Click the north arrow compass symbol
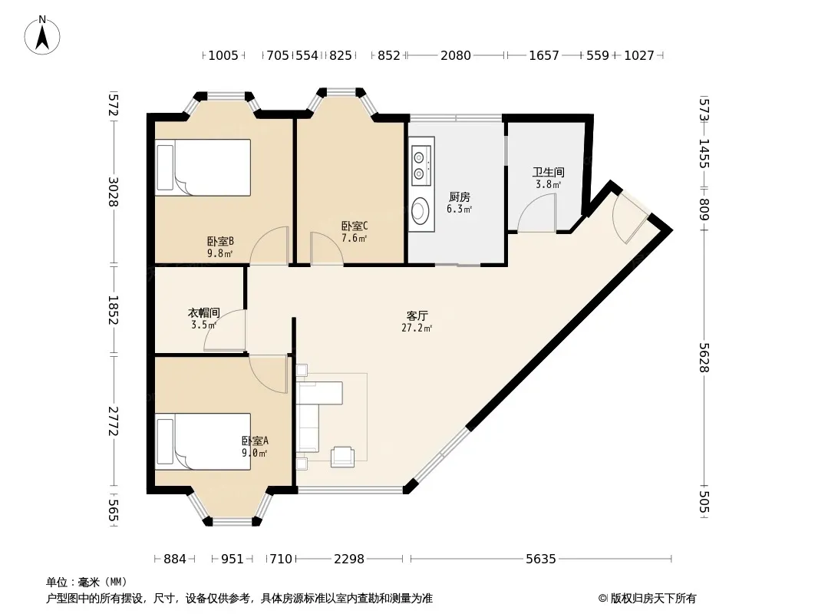(42, 35)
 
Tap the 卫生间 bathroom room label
(549, 172)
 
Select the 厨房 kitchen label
(459, 196)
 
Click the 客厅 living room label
(417, 315)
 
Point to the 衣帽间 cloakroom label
(204, 312)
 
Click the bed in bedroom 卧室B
(203, 167)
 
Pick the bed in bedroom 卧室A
(203, 442)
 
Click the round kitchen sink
(420, 211)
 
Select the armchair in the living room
(343, 457)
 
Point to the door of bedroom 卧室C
(327, 249)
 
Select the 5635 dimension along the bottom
(540, 559)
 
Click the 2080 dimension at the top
(456, 55)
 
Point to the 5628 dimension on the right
(704, 358)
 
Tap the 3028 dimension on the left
(114, 191)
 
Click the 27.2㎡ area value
(417, 328)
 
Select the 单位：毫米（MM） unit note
(87, 583)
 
